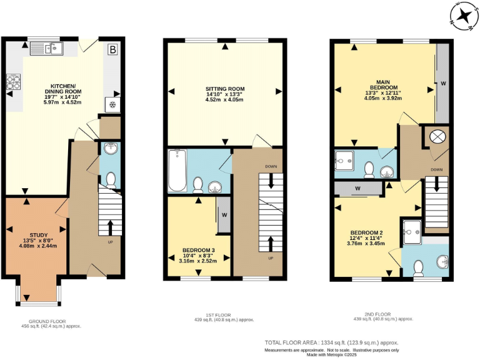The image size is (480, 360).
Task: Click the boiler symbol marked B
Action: point(112,49)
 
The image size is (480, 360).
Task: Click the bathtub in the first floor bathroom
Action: point(176,170)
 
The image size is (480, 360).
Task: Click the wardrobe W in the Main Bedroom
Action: point(442,82)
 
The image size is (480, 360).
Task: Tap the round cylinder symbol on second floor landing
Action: point(436,136)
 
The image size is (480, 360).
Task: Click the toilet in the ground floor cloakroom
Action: point(110,181)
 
